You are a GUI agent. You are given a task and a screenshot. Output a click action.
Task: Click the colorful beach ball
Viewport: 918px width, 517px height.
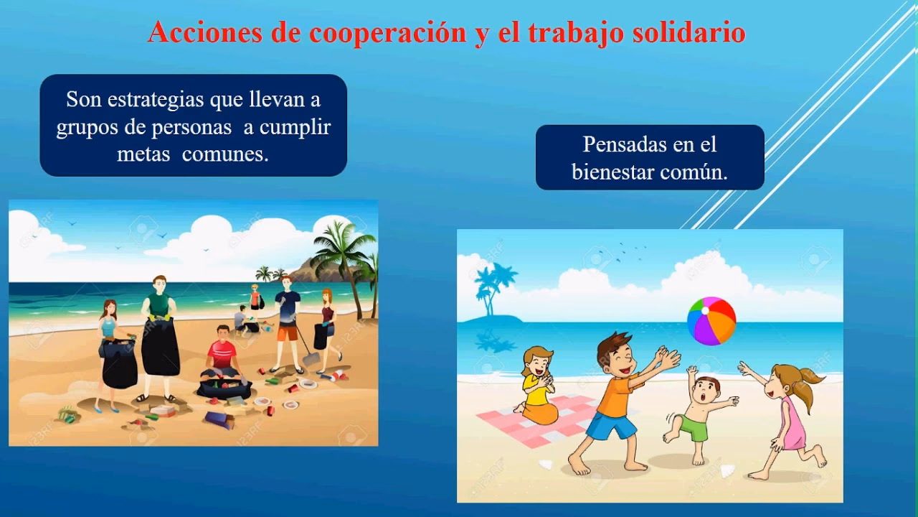[711, 321]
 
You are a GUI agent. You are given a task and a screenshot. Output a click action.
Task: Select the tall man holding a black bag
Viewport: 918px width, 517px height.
[159, 330]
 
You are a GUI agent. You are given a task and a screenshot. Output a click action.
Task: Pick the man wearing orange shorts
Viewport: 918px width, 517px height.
[287, 320]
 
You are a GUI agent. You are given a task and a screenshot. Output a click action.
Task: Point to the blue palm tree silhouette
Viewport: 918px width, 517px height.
[492, 287]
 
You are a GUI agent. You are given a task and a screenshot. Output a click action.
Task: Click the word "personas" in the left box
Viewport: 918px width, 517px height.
[191, 127]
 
